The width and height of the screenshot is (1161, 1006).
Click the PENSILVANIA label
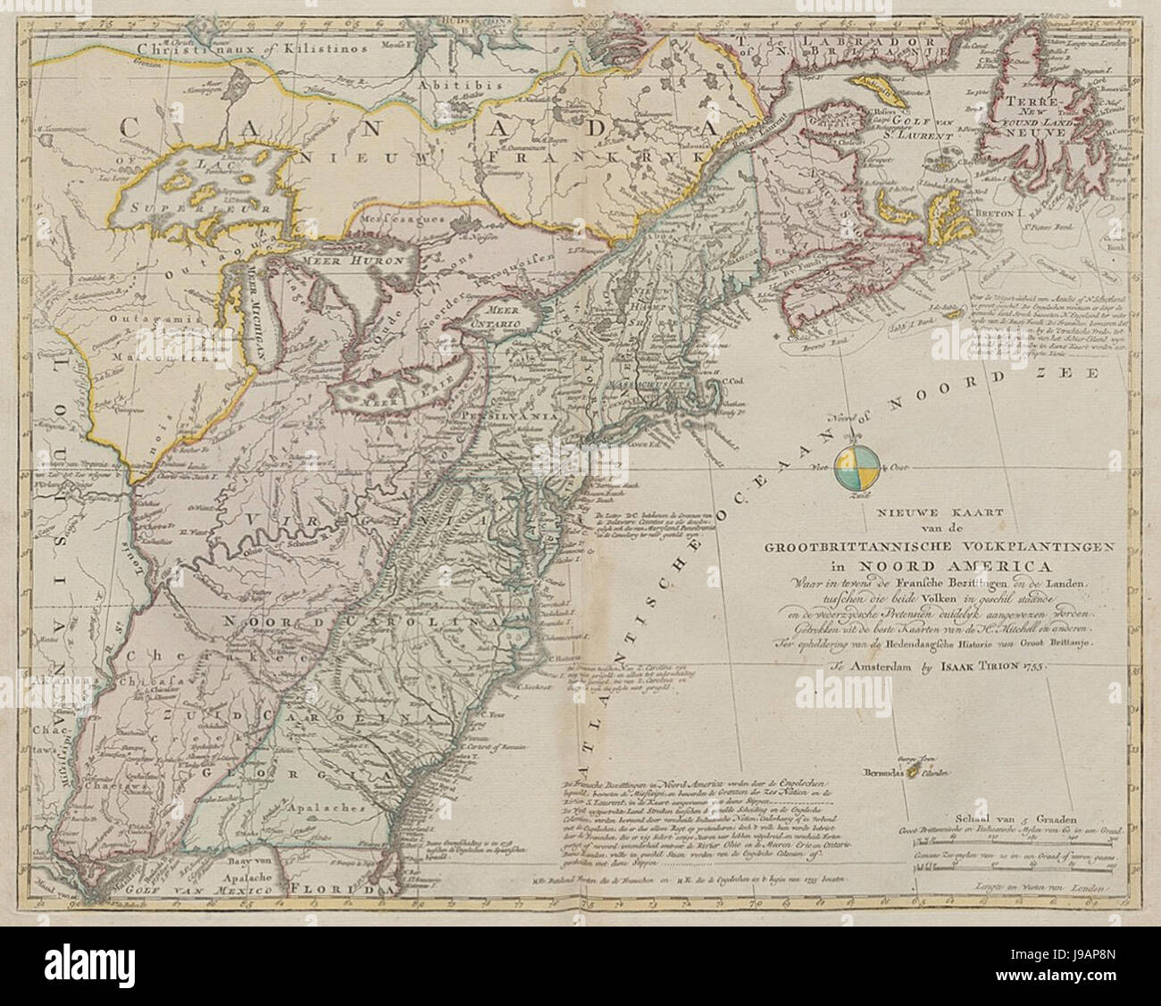point(507,417)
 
